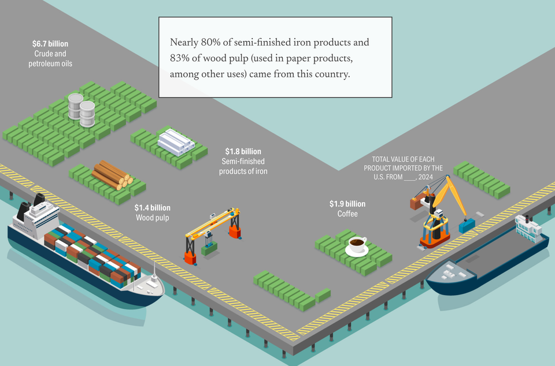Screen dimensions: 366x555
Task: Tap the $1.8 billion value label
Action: coord(243,152)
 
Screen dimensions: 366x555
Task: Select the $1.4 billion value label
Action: coord(153,207)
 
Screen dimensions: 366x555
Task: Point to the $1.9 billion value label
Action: coord(347,204)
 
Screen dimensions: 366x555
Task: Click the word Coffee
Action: coord(347,214)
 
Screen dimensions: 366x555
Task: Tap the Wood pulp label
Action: coord(153,218)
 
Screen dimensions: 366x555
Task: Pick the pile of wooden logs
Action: coord(111,174)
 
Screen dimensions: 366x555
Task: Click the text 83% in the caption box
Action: coord(180,59)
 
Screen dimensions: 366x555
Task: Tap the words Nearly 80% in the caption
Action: coord(191,43)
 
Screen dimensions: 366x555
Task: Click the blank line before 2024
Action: coord(409,177)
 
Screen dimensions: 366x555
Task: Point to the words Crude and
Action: coord(51,54)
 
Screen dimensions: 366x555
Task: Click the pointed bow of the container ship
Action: coord(157,289)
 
